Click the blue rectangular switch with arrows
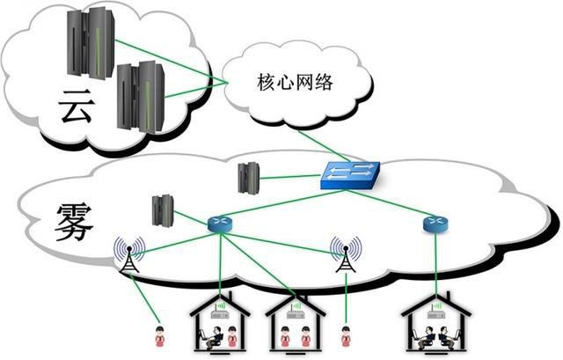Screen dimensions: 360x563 (350, 175)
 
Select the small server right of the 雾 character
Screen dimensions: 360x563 (162, 210)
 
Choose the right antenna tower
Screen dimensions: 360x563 (345, 254)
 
